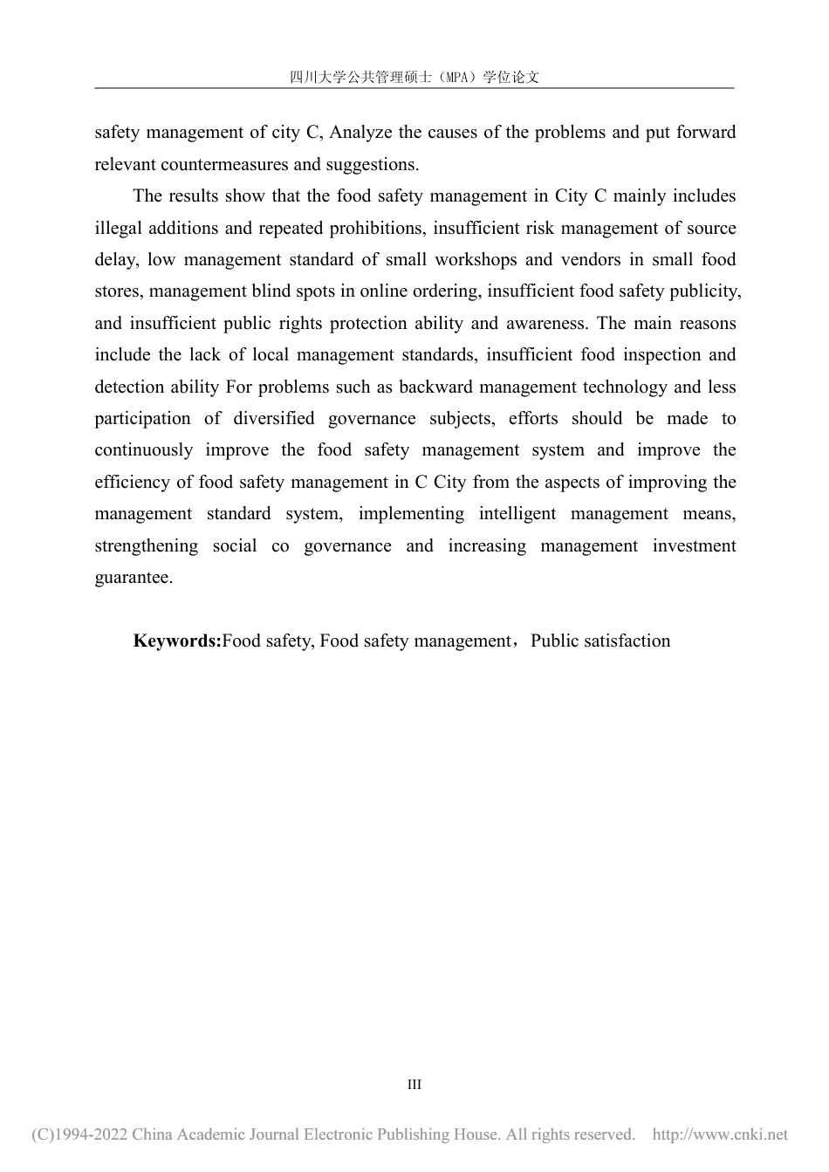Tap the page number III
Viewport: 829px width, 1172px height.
click(x=414, y=1085)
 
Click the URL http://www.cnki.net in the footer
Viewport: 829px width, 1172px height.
click(x=720, y=1134)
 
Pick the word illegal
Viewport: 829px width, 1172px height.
click(x=119, y=228)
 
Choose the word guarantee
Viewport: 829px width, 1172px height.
click(x=133, y=578)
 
